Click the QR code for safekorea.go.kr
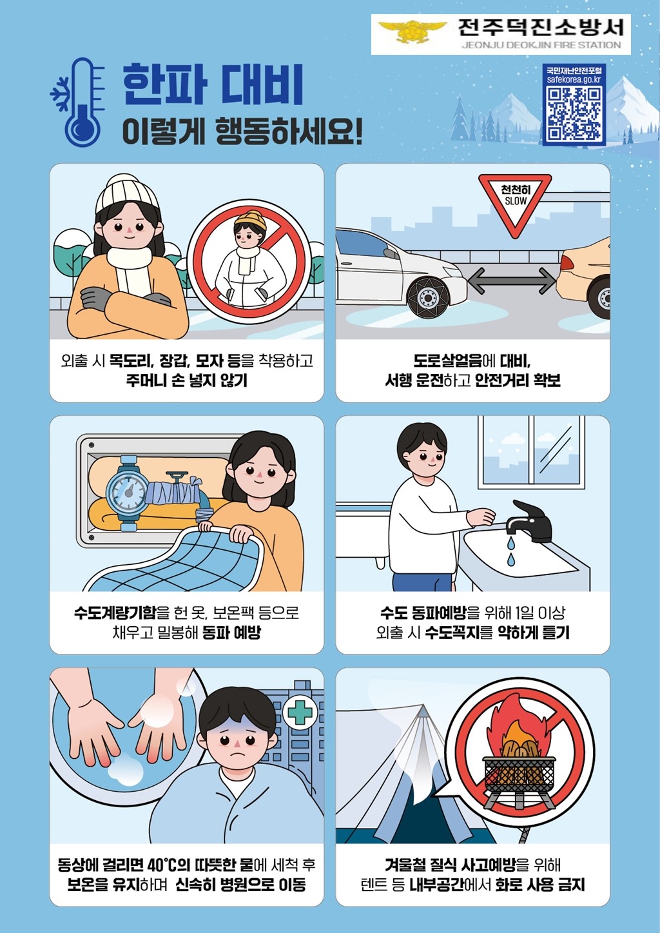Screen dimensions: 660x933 pyautogui.click(x=574, y=113)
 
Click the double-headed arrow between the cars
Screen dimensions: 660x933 pyautogui.click(x=511, y=281)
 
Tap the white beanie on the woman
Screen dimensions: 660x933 pyautogui.click(x=126, y=193)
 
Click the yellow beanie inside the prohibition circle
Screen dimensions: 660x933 pyautogui.click(x=250, y=219)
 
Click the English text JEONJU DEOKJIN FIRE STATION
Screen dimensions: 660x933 pyautogui.click(x=541, y=45)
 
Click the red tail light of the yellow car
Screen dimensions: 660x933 pyautogui.click(x=567, y=262)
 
